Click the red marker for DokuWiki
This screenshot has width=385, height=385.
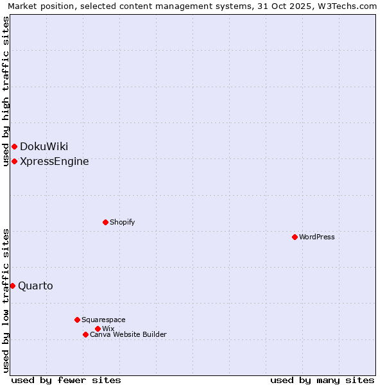pos(14,147)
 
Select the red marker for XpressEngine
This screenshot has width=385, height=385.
pos(14,161)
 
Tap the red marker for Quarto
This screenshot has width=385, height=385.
pos(12,286)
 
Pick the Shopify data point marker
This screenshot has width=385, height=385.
pos(105,222)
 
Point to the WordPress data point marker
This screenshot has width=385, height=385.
pos(295,237)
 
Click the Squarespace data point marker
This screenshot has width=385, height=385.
pos(77,320)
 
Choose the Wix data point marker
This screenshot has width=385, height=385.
pos(98,329)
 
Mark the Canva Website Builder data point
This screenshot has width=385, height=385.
pos(85,334)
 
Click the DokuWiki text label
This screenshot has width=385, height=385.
pos(44,147)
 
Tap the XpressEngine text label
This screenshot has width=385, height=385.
pos(55,161)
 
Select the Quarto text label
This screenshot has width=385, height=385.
pos(36,286)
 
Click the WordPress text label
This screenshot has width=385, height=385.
pos(317,237)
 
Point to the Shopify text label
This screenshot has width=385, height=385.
pos(122,222)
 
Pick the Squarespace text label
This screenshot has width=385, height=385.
pos(103,320)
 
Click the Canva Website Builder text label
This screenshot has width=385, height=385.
pos(128,334)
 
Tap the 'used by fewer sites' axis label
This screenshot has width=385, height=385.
pos(66,380)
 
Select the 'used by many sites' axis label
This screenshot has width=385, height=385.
pos(322,380)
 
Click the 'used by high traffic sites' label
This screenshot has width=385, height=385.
pos(6,91)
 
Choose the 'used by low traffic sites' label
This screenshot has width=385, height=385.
pos(6,300)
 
